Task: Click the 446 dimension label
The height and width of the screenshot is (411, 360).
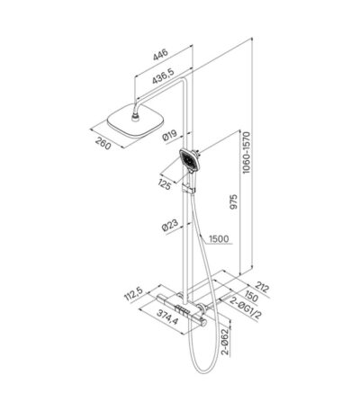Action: (160, 54)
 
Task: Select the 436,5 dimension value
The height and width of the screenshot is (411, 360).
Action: (163, 77)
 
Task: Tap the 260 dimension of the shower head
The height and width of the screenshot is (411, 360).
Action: (103, 143)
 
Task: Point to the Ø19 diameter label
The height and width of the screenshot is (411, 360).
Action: (169, 135)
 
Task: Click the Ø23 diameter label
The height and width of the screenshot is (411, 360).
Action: (170, 225)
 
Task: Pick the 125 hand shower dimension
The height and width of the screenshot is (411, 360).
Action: (164, 183)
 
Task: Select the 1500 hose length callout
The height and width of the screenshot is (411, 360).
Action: (219, 239)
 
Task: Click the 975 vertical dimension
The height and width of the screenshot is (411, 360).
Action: (234, 201)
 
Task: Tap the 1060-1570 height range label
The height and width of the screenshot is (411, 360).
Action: (246, 153)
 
